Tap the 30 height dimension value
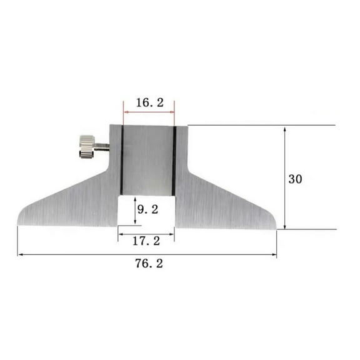[296, 178]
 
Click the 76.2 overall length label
[148, 264]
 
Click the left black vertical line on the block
[122, 159]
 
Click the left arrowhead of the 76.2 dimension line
[21, 254]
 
